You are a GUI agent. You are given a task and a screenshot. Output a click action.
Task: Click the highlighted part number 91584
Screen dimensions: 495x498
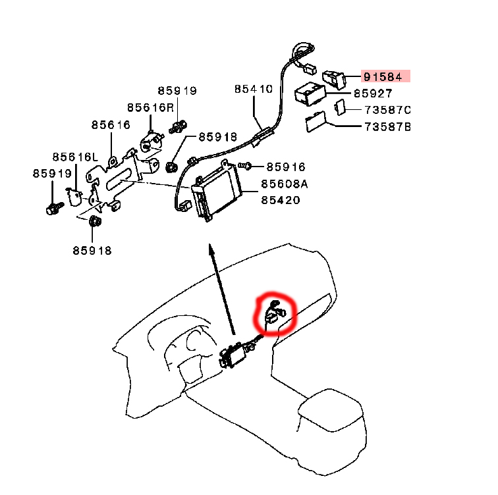385,76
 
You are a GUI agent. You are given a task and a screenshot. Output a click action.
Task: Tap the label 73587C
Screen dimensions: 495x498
388,109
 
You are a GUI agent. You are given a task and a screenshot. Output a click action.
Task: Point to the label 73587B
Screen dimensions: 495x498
388,126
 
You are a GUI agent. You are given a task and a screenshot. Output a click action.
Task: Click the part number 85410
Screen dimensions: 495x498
253,89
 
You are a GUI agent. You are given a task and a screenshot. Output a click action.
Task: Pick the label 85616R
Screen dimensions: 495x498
151,107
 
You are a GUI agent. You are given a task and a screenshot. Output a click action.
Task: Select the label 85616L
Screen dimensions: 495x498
75,157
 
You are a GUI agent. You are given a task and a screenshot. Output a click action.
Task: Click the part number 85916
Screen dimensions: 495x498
287,167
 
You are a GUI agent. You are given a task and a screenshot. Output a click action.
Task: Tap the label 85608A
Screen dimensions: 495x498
285,184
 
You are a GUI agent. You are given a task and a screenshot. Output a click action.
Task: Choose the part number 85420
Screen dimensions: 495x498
281,199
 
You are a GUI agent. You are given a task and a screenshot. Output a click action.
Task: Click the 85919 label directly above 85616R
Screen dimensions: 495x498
177,91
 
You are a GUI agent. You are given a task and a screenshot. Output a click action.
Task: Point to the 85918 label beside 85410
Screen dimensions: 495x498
217,138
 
